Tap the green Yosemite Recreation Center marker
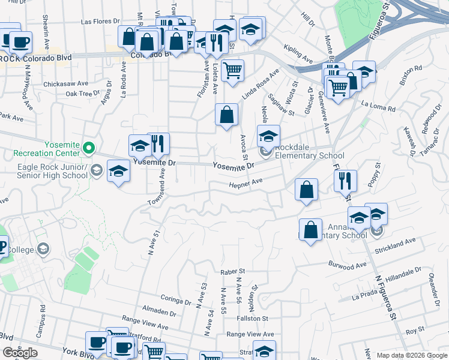coord(89,147)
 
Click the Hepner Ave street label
coord(246,185)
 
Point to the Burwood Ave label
coord(347,264)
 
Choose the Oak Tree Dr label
coord(82,94)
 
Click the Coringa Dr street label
coord(176,298)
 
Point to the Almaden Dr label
coord(160,313)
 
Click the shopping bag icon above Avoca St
coord(226,114)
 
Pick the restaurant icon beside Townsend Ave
coord(158,143)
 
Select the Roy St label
coord(411,330)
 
